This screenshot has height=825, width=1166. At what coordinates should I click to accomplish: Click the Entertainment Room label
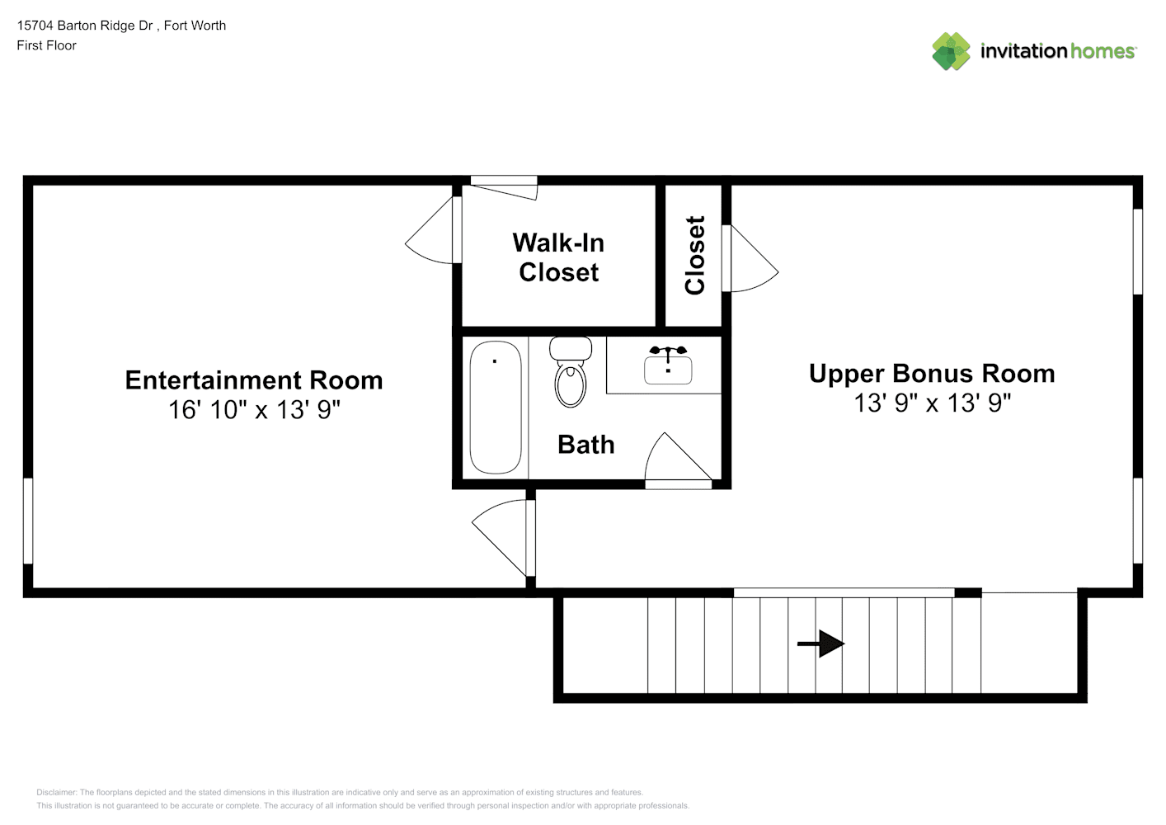(x=254, y=380)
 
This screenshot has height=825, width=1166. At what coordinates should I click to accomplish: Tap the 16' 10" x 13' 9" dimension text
(x=254, y=409)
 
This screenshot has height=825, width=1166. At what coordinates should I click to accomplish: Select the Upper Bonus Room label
(x=932, y=374)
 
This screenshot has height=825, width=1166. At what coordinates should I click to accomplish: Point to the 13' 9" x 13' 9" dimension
(x=933, y=403)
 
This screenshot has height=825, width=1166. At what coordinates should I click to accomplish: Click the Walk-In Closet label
(x=558, y=257)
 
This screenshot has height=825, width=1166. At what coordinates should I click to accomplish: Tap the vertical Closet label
(x=694, y=255)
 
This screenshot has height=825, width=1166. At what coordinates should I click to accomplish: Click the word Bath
(x=586, y=445)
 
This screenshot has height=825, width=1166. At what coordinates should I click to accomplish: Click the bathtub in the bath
(x=496, y=408)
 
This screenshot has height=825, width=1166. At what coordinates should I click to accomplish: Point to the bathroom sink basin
(x=668, y=370)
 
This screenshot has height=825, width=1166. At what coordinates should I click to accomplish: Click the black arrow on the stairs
(x=820, y=643)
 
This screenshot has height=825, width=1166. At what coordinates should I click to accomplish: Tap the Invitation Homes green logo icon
(x=951, y=51)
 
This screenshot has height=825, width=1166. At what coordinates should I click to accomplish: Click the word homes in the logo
(x=1103, y=51)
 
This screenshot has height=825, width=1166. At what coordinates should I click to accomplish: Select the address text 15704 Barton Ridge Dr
(x=85, y=26)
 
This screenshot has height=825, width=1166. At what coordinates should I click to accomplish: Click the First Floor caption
(x=46, y=45)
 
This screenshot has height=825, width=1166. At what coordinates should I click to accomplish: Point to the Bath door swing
(x=679, y=456)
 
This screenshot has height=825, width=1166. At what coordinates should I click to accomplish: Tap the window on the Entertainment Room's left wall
(x=28, y=521)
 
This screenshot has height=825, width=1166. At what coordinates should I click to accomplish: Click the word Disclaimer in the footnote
(x=57, y=792)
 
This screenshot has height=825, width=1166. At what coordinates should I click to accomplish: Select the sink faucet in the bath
(x=669, y=352)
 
